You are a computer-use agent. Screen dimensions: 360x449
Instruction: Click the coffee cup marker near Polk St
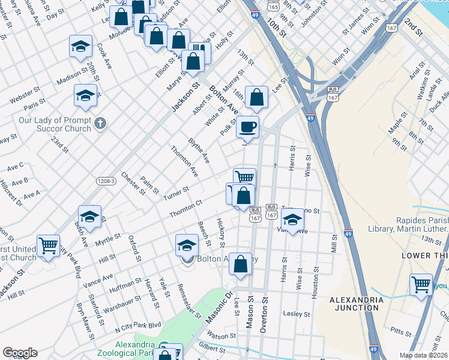pos(247,127)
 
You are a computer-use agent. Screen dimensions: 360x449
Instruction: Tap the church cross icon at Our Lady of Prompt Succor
pos(100,124)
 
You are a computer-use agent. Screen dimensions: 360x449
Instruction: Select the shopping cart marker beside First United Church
pos(48,245)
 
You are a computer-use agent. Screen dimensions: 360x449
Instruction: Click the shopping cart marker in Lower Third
pos(421,284)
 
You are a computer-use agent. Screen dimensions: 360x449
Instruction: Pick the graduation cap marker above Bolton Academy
pos(187,245)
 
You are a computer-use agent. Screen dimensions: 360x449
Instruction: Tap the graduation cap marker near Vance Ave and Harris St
pos(292,220)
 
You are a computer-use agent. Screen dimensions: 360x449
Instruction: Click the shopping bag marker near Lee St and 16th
pos(256,97)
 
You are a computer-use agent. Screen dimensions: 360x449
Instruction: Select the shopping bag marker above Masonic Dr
pos(240,264)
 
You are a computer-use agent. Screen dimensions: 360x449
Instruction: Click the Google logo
pos(20,353)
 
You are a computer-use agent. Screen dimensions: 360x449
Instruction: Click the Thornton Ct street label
pos(185,209)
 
